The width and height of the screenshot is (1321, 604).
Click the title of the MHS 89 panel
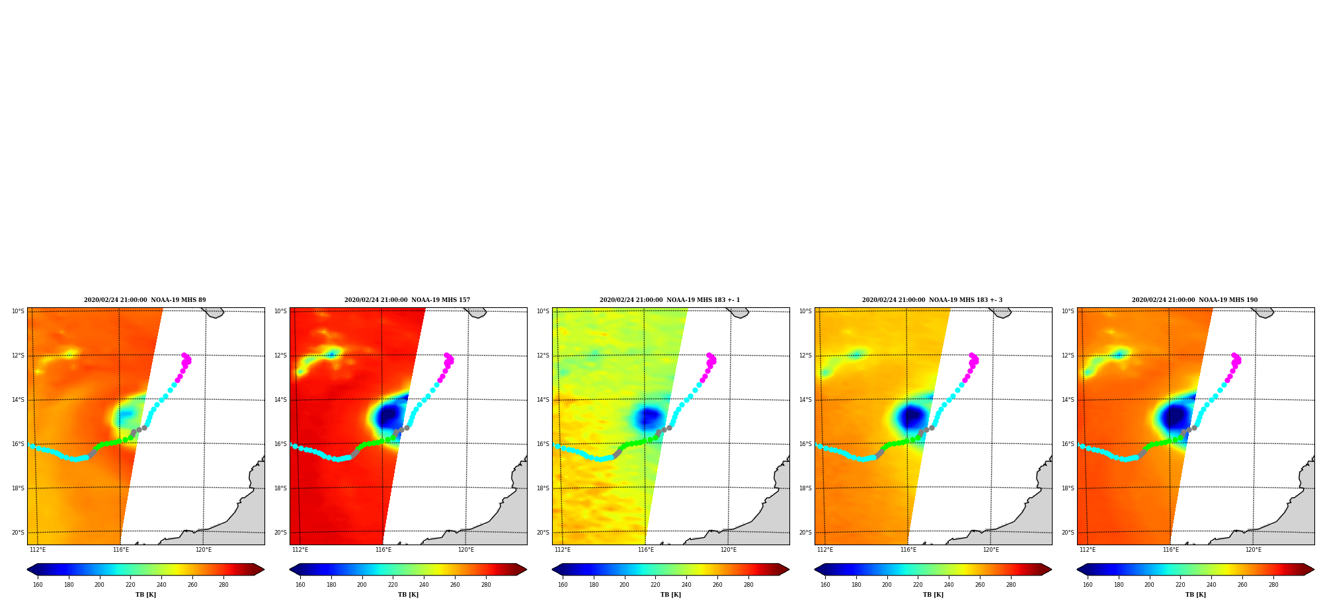pyautogui.click(x=145, y=300)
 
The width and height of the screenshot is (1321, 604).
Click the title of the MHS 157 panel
pyautogui.click(x=407, y=300)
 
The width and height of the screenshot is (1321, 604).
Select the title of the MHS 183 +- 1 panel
pyautogui.click(x=670, y=300)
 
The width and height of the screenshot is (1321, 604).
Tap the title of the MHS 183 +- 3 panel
pyautogui.click(x=932, y=300)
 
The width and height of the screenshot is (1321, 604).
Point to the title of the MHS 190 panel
pyautogui.click(x=1195, y=300)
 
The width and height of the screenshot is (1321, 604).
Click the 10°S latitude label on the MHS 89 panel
pyautogui.click(x=18, y=311)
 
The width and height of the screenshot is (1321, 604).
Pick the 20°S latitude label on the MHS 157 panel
pyautogui.click(x=280, y=533)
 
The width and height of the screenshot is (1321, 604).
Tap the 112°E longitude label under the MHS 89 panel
pyautogui.click(x=38, y=550)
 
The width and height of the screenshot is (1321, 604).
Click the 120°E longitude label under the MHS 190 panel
pyautogui.click(x=1254, y=550)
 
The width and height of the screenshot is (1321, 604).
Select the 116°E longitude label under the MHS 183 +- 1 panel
pyautogui.click(x=645, y=550)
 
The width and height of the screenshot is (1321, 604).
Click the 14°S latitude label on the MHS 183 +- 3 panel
pyautogui.click(x=805, y=400)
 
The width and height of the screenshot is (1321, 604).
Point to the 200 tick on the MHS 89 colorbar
pyautogui.click(x=99, y=585)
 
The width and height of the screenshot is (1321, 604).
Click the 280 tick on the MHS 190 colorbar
pyautogui.click(x=1273, y=585)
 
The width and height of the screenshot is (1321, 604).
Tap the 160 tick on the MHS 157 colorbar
pyautogui.click(x=300, y=585)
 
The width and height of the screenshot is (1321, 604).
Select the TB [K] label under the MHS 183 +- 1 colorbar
pyautogui.click(x=670, y=595)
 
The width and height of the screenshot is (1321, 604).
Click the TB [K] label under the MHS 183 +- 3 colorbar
pyautogui.click(x=933, y=595)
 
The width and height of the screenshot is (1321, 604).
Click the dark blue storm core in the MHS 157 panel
pyautogui.click(x=389, y=416)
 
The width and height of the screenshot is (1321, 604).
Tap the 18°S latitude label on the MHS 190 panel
pyautogui.click(x=1068, y=488)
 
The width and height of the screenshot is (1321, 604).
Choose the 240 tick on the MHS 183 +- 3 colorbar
pyautogui.click(x=949, y=585)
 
